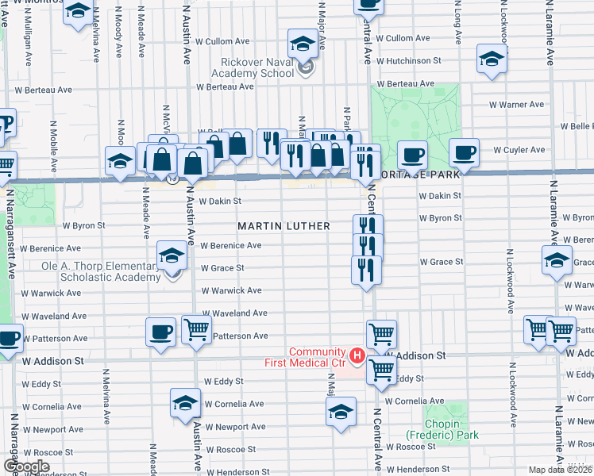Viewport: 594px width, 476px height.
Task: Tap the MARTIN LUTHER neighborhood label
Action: tap(284, 226)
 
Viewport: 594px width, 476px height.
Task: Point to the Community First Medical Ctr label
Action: tap(306, 357)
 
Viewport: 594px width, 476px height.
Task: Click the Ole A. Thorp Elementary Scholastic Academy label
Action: tap(110, 271)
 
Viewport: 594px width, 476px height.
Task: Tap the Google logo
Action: tap(26, 466)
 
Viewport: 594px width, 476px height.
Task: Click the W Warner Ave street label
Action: tap(516, 104)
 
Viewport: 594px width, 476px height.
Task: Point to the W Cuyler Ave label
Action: tap(519, 149)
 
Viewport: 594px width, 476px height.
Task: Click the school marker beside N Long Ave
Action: tap(492, 59)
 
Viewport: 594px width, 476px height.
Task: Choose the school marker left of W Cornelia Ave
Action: tap(185, 401)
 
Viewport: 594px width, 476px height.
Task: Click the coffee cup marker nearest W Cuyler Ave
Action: tap(463, 152)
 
